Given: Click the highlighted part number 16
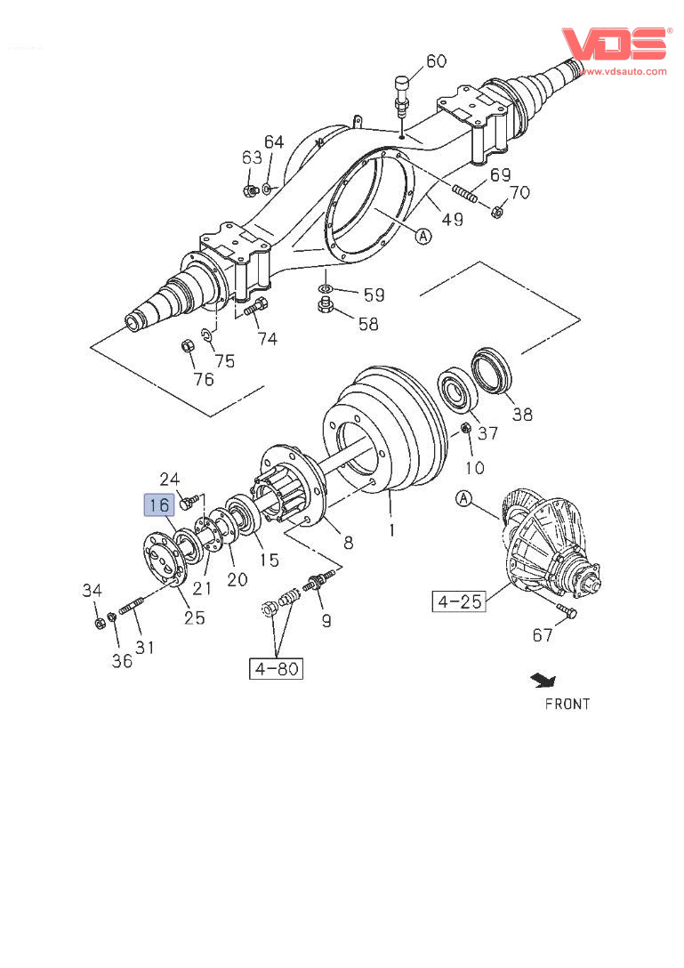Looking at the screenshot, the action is coord(159,505).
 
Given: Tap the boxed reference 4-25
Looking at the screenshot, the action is coord(459,601).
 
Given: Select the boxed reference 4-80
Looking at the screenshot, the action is coord(276,668).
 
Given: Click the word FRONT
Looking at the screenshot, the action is coord(567,704).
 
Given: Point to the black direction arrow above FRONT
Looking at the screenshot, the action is coord(543,681).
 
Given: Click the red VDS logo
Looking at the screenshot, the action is coord(615,44).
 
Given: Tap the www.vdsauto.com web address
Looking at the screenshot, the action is coord(623,71).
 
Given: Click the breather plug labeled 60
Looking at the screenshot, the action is coord(402,96).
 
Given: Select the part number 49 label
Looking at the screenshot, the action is coord(452,219).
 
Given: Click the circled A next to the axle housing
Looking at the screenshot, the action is coord(422,236).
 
